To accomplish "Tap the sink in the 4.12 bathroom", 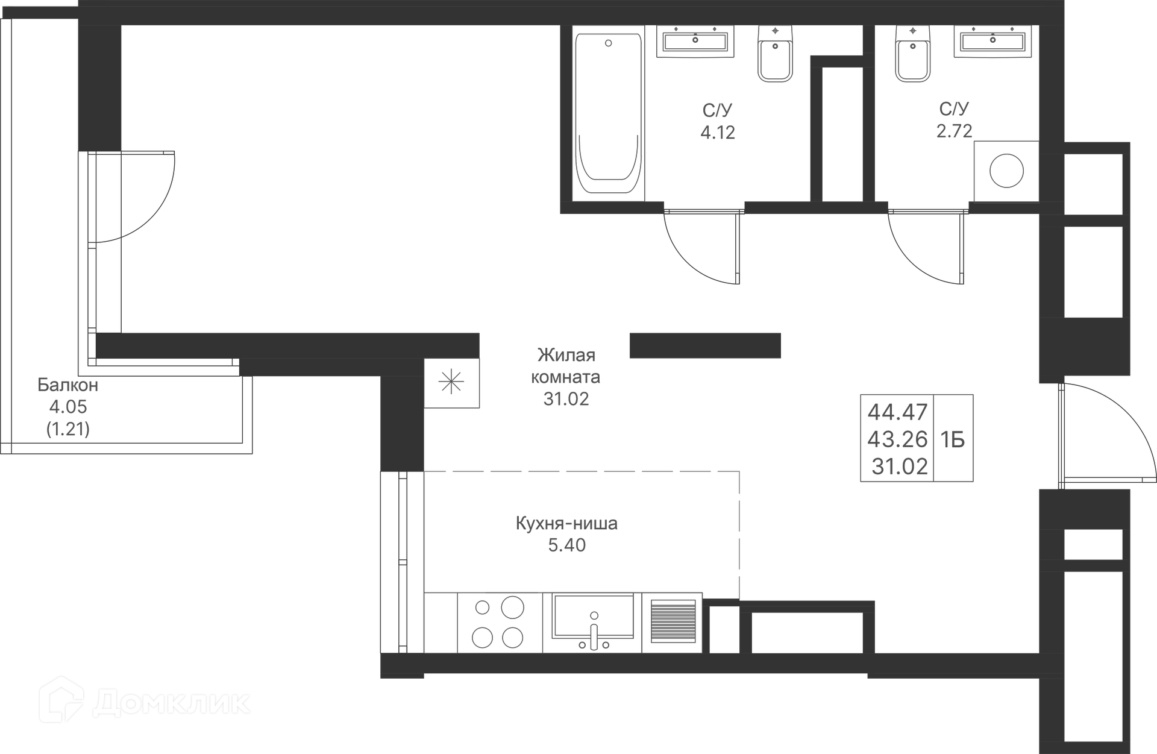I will pyautogui.click(x=695, y=41).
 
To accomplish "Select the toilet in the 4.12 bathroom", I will pyautogui.click(x=775, y=54).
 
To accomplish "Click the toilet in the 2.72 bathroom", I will pyautogui.click(x=913, y=54).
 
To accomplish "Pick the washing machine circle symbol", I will pyautogui.click(x=1006, y=171).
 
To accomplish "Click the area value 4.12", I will pyautogui.click(x=718, y=132).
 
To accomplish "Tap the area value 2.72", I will pyautogui.click(x=954, y=131).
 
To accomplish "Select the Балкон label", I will pyautogui.click(x=67, y=385).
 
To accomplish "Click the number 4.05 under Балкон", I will pyautogui.click(x=68, y=407).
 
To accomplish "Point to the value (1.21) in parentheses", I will pyautogui.click(x=68, y=429).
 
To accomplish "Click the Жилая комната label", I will pyautogui.click(x=566, y=366).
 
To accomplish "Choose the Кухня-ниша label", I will pyautogui.click(x=566, y=523).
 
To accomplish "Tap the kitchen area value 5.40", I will pyautogui.click(x=566, y=545).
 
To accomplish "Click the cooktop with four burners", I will pyautogui.click(x=500, y=623).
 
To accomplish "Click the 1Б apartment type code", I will pyautogui.click(x=953, y=440).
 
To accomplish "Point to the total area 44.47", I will pyautogui.click(x=897, y=412).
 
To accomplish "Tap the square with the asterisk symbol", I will pyautogui.click(x=451, y=383).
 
